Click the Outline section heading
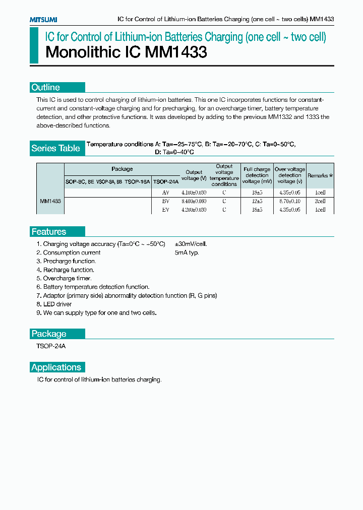point(45,87)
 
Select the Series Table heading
point(55,148)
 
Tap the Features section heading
point(49,232)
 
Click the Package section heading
point(49,334)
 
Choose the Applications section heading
point(56,367)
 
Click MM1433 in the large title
point(176,52)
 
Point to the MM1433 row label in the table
point(50,201)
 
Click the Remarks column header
point(320,175)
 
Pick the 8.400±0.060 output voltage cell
point(194,201)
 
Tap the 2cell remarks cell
point(320,201)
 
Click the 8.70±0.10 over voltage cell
point(290,201)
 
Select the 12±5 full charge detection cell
point(257,201)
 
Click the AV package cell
point(166,193)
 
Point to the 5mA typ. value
point(187,252)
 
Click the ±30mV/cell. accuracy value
point(191,244)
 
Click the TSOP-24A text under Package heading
point(51,346)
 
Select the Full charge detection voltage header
point(257,175)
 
